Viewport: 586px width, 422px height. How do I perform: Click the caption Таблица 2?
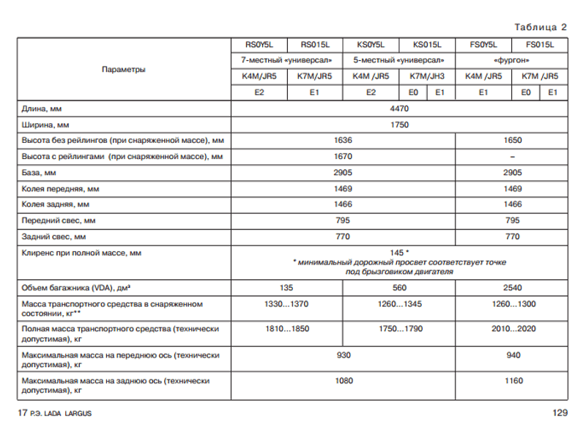[x=541, y=28]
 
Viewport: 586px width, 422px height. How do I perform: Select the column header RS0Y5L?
[x=259, y=44]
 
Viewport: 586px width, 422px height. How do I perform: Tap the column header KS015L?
[x=426, y=44]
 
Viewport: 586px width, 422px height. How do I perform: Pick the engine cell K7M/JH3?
[x=426, y=76]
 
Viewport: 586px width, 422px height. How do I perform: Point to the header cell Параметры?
[x=124, y=69]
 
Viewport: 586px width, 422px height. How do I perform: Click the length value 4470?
[x=399, y=108]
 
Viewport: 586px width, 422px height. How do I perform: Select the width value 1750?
[x=399, y=125]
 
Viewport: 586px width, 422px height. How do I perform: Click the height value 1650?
[x=512, y=141]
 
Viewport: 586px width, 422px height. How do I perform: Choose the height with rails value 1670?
[x=343, y=157]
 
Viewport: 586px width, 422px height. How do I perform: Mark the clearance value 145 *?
[x=399, y=253]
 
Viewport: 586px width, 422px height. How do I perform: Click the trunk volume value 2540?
[x=512, y=287]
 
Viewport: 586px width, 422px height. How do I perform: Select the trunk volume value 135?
[x=286, y=287]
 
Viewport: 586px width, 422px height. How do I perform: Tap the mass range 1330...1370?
[x=286, y=303]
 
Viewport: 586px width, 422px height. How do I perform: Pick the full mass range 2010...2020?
[x=512, y=329]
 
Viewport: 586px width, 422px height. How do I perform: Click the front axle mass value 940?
[x=512, y=355]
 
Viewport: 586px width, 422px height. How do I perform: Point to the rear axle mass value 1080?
[x=343, y=380]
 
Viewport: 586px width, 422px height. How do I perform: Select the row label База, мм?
[x=39, y=173]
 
